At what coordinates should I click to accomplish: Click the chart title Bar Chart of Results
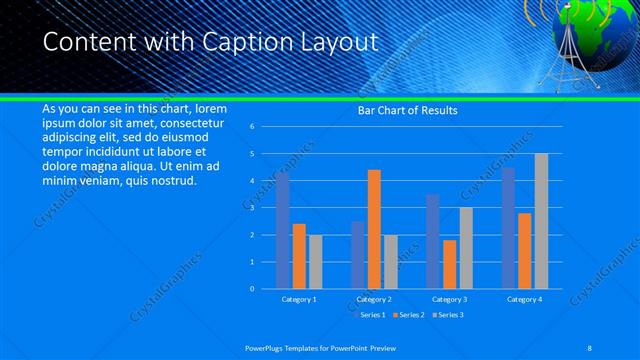pos(407,111)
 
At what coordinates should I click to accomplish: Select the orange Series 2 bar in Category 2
pos(374,229)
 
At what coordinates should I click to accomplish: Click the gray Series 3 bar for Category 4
pos(541,221)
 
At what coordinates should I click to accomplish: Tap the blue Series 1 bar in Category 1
pos(283,231)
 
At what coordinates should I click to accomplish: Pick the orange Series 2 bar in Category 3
pos(449,264)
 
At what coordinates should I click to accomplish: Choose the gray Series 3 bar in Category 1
pos(315,261)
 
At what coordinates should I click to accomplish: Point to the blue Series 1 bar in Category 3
pos(433,241)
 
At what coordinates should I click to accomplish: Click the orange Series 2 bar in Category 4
pos(525,250)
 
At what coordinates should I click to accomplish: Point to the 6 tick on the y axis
pos(252,127)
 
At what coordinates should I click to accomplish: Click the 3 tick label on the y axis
pos(252,208)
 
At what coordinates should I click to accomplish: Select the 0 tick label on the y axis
pos(252,289)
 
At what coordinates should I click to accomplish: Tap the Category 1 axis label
pos(299,299)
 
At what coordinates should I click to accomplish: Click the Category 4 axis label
pos(524,299)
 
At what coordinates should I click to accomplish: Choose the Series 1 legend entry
pos(371,315)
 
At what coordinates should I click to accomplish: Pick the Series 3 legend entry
pos(449,315)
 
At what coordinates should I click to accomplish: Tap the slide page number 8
pos(591,347)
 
